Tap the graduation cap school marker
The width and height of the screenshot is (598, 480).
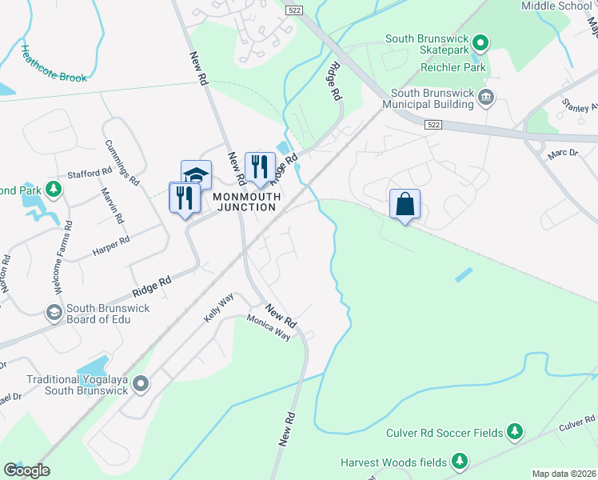(196, 174)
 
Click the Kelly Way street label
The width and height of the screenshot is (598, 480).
(217, 308)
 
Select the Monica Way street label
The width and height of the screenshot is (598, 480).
(269, 328)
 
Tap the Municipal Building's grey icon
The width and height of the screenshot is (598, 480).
(486, 98)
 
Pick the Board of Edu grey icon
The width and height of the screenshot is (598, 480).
(54, 312)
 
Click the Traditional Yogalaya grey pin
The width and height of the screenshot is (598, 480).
(141, 385)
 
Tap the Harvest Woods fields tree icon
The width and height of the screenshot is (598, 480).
(459, 461)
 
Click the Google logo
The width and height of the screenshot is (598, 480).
(26, 470)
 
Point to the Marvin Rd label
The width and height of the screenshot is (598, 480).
(114, 206)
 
